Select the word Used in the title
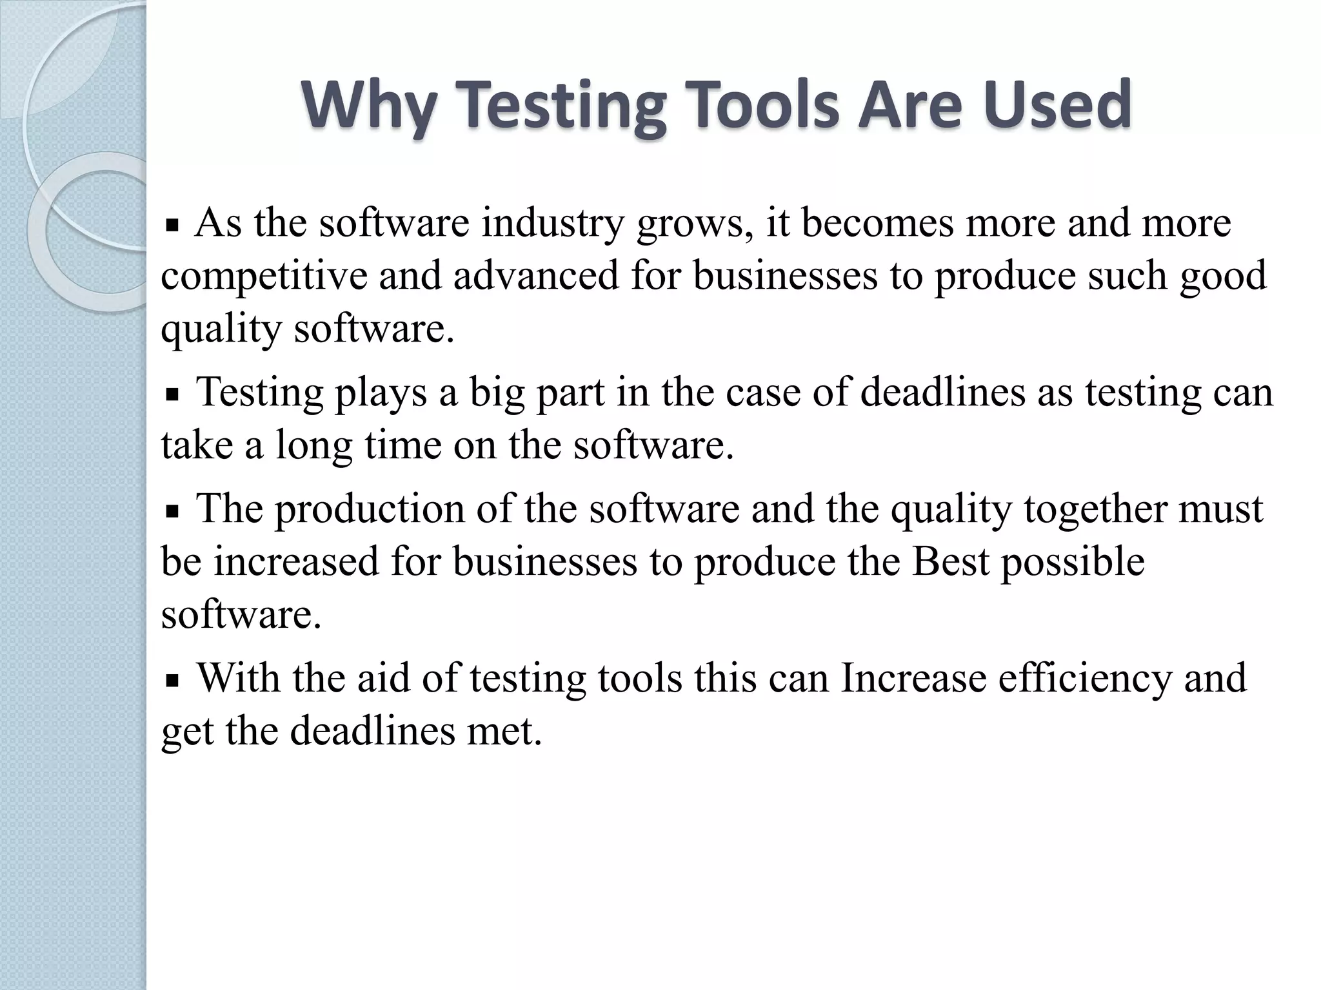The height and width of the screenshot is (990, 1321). click(1058, 105)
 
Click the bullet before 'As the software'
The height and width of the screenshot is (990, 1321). click(172, 226)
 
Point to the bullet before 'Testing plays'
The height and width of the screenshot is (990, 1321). click(172, 395)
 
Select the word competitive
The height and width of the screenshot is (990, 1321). click(263, 276)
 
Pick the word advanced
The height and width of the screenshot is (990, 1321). click(535, 276)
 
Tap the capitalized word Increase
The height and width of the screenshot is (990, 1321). click(913, 678)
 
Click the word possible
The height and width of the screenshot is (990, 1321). click(1073, 562)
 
